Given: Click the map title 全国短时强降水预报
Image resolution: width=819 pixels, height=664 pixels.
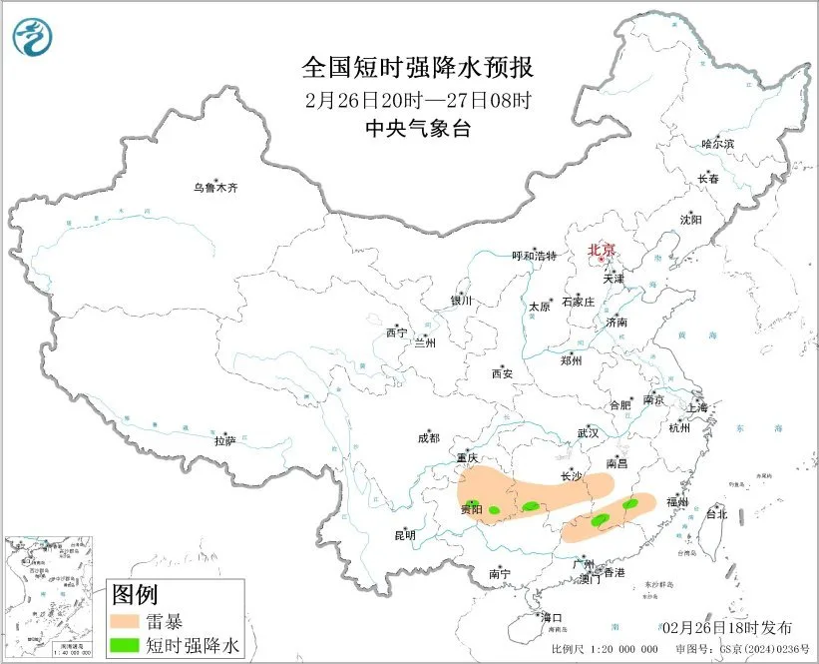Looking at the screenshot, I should [418, 68].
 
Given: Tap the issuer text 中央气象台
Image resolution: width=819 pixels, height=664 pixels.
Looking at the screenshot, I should [417, 128].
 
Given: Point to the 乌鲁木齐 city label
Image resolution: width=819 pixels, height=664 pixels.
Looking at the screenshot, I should [215, 188].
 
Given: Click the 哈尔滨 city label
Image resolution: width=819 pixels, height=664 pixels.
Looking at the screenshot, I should [716, 145].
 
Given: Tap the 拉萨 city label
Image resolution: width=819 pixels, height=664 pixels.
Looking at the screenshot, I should [224, 440].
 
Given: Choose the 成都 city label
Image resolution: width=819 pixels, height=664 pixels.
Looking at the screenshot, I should [428, 437].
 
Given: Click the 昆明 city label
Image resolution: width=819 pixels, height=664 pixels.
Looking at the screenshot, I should [405, 535].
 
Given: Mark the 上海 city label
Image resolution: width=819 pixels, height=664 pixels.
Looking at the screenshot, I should [696, 408].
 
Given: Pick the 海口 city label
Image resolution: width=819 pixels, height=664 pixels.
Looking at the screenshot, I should [552, 618].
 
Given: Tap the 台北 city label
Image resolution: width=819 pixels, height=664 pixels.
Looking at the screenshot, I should [716, 514].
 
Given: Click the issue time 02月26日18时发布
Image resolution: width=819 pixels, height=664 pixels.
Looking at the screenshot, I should [727, 627].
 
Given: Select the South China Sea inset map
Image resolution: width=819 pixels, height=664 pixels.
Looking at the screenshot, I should [49, 600].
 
